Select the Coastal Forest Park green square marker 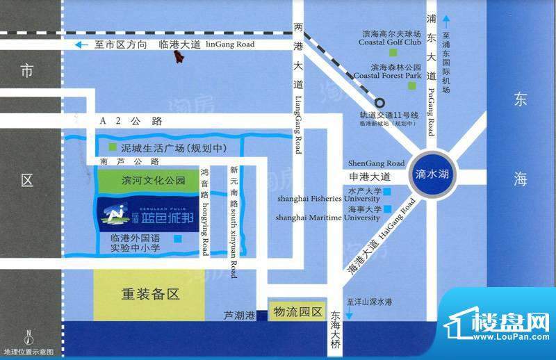pyautogui.click(x=411, y=85)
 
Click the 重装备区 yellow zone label pyautogui.click(x=149, y=294)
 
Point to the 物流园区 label pyautogui.click(x=297, y=312)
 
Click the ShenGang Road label pyautogui.click(x=375, y=163)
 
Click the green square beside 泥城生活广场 pyautogui.click(x=113, y=147)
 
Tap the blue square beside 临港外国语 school pyautogui.click(x=179, y=239)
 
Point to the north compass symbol pyautogui.click(x=28, y=338)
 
